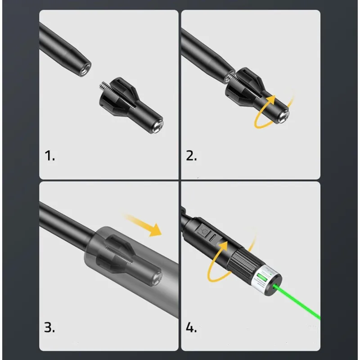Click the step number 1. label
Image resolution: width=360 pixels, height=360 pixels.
[49, 156]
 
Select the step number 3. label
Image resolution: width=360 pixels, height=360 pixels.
[49, 327]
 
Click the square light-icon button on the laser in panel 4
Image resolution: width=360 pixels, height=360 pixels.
[204, 232]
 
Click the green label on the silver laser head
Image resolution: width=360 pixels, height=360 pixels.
[262, 284]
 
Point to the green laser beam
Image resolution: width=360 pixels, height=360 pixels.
[301, 306]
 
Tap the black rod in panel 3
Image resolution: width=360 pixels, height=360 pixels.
[63, 220]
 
